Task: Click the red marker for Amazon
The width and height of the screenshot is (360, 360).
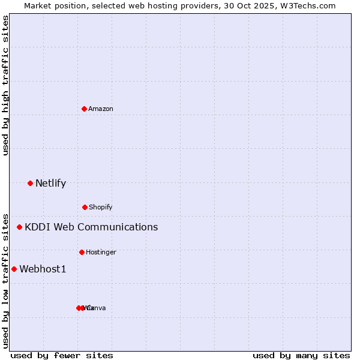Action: [x=84, y=109]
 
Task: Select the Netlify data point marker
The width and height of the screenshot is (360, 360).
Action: [x=30, y=183]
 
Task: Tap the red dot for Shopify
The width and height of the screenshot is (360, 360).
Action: [x=85, y=207]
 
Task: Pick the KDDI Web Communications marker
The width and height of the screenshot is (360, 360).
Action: [x=19, y=227]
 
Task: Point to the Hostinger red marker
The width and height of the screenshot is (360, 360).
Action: [x=82, y=252]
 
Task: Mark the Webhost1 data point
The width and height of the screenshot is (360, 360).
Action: [x=14, y=269]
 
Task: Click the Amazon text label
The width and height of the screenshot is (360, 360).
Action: [x=101, y=109]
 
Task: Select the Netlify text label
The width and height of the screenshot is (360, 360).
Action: [x=50, y=183]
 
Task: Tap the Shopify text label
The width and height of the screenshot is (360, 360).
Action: [x=101, y=207]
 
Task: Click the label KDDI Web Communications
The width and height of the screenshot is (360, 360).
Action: [x=91, y=227]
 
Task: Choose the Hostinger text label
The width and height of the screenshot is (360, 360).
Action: [x=101, y=252]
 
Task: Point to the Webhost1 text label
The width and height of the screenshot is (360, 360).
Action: [x=43, y=269]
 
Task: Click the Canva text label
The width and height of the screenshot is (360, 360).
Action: [x=98, y=308]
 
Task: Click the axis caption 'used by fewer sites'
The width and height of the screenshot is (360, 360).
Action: [x=62, y=355]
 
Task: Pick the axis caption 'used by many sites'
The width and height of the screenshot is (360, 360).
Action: [x=301, y=355]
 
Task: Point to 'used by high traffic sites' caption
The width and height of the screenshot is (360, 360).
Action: [x=5, y=85]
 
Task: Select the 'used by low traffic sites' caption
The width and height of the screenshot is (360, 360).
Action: [x=5, y=280]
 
